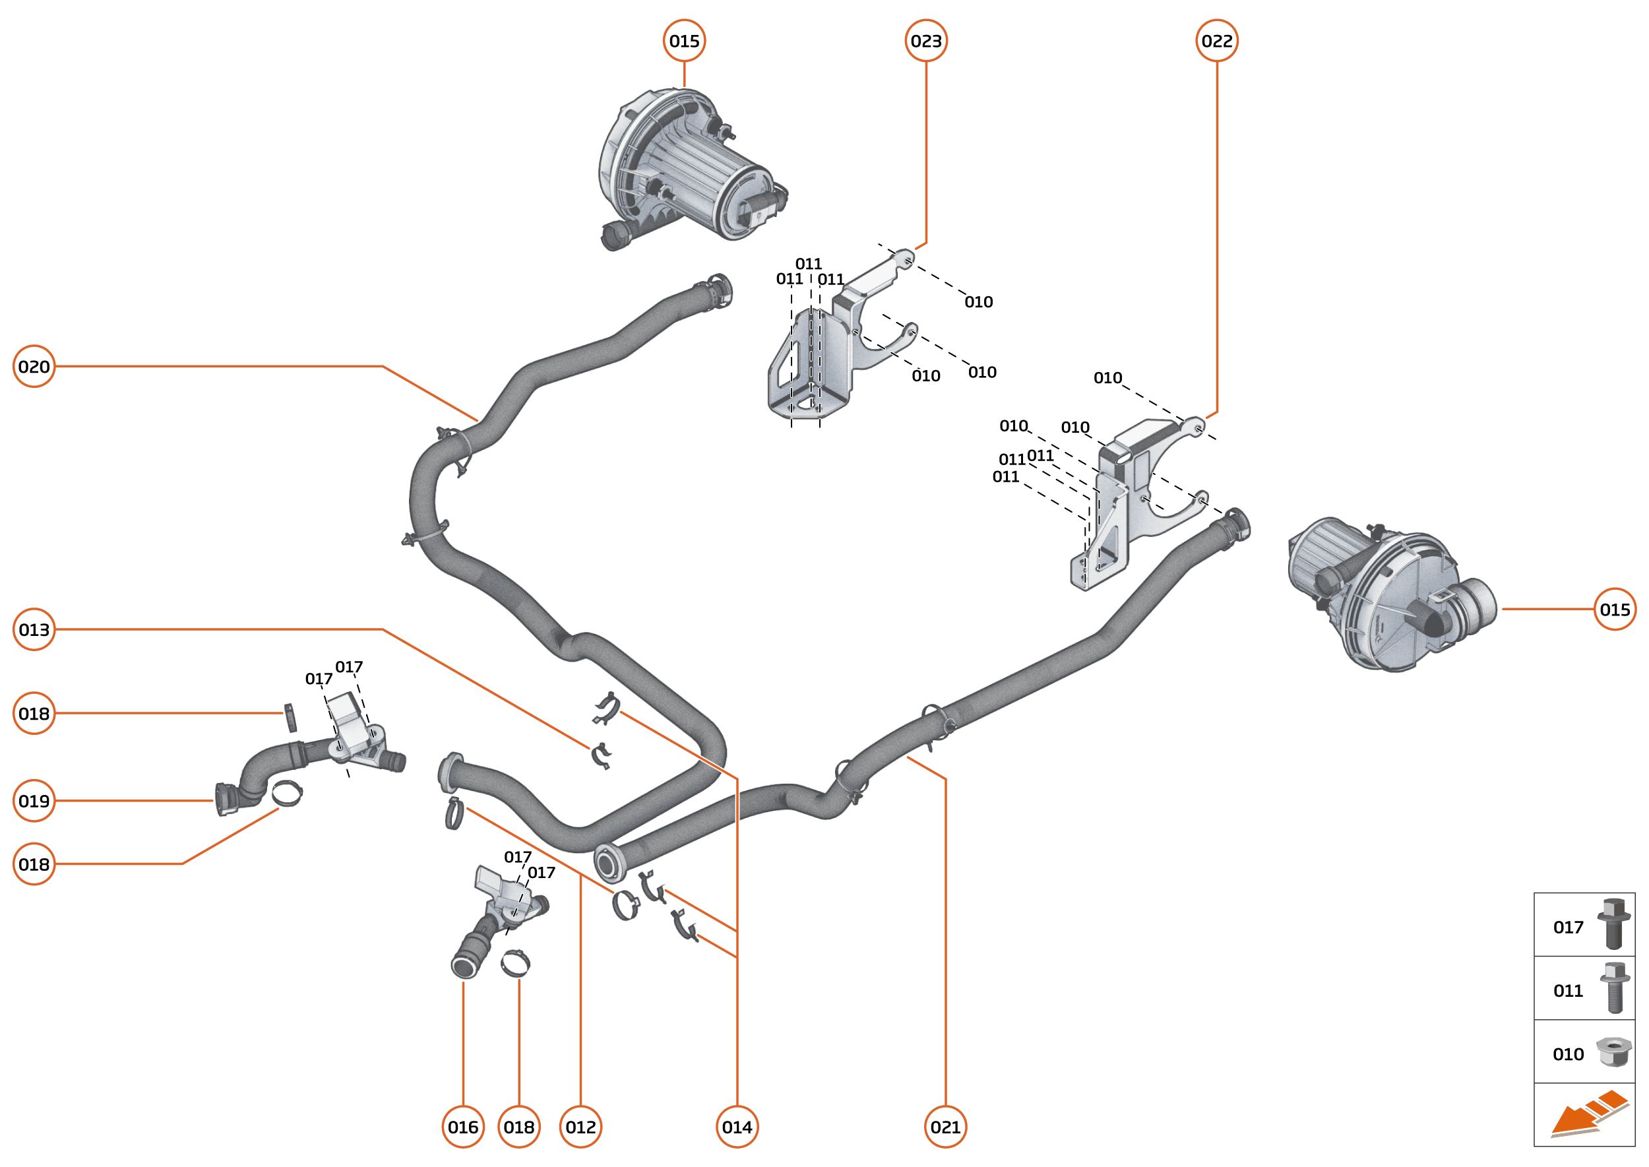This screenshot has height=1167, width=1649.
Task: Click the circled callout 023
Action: tap(925, 41)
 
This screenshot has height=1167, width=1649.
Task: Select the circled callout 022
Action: tap(1216, 41)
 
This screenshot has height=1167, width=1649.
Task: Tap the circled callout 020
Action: tap(34, 367)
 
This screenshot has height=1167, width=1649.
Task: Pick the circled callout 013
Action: tap(34, 629)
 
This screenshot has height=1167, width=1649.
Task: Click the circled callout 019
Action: tap(34, 800)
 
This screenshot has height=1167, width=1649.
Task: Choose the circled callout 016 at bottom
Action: tap(463, 1127)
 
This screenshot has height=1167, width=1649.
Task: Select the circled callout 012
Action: tap(580, 1127)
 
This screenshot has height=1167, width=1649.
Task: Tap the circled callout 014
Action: tap(737, 1127)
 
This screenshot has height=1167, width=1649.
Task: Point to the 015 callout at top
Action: tap(684, 41)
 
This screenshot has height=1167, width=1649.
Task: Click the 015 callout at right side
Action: tap(1615, 610)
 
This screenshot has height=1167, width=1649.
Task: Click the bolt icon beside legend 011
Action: tap(1615, 988)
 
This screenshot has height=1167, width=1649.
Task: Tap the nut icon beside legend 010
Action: tap(1614, 1052)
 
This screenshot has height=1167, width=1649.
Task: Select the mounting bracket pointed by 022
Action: tap(1121, 503)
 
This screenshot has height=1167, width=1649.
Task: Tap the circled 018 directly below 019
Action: tap(34, 864)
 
